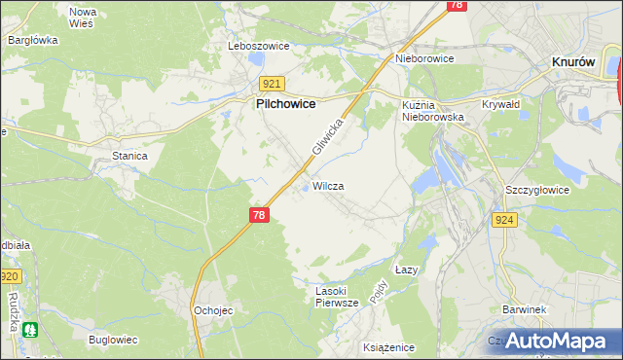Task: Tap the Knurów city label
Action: coord(573,60)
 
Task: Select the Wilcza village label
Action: coord(328,185)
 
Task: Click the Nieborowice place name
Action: coord(425,57)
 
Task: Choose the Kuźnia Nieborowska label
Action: coord(434,109)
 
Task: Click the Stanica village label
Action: coord(128,155)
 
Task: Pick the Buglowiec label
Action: coord(113,340)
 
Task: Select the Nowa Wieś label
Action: coord(82,17)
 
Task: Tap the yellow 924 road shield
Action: coord(504,221)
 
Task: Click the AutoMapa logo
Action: coord(556,340)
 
